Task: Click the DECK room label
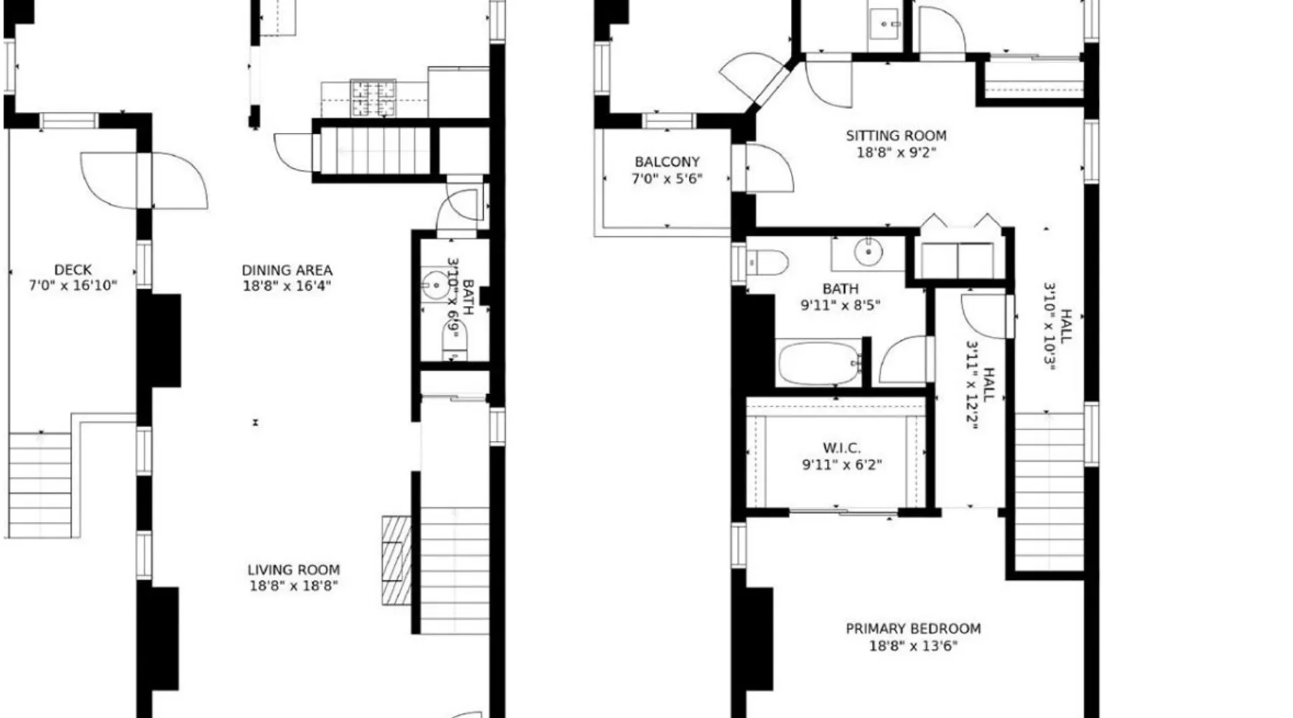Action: tap(73, 270)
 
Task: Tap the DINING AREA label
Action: tap(287, 271)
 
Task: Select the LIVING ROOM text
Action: tap(294, 570)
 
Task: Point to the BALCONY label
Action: tap(667, 162)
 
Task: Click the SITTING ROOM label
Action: tap(896, 136)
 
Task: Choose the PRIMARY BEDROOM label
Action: tap(913, 629)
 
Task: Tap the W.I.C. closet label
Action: tap(841, 448)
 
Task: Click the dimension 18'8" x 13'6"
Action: tap(913, 646)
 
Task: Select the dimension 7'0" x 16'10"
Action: tap(73, 286)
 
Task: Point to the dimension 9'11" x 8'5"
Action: tap(840, 305)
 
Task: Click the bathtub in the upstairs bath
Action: tap(820, 363)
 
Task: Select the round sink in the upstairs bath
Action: tap(868, 252)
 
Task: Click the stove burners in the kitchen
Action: tap(373, 98)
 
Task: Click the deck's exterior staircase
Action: tap(40, 485)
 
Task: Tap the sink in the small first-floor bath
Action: tap(435, 285)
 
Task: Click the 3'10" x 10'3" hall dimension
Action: tap(1049, 326)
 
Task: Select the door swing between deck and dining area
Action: tap(179, 181)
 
